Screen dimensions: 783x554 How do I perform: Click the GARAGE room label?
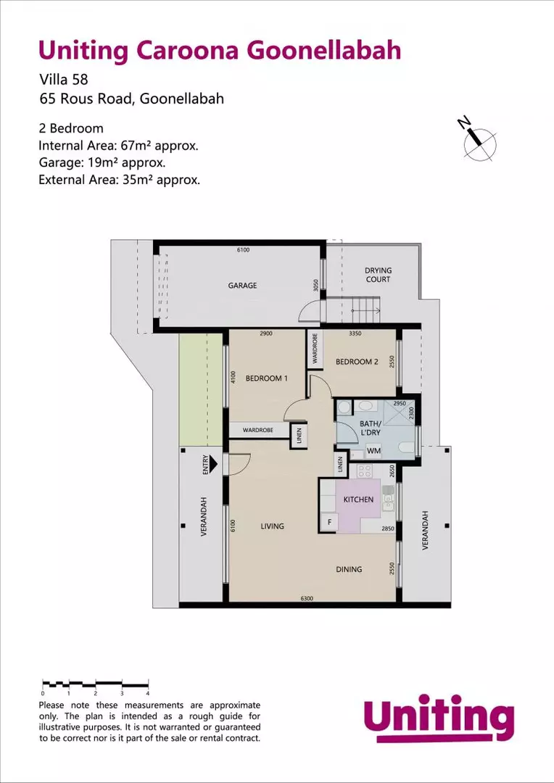(243, 286)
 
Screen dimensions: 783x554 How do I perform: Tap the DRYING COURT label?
(378, 275)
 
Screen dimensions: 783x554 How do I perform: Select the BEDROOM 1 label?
(266, 378)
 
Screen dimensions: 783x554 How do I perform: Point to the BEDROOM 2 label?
(357, 362)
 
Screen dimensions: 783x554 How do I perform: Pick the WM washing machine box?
(373, 451)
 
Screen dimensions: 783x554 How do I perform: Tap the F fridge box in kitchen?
(330, 522)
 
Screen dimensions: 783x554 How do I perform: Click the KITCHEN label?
(358, 500)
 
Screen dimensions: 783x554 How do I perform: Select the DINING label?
(349, 569)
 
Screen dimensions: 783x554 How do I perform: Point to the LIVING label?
(273, 526)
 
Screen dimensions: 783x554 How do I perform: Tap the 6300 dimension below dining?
(307, 598)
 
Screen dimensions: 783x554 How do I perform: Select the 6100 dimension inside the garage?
(243, 250)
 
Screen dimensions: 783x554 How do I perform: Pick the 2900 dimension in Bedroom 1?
(266, 333)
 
